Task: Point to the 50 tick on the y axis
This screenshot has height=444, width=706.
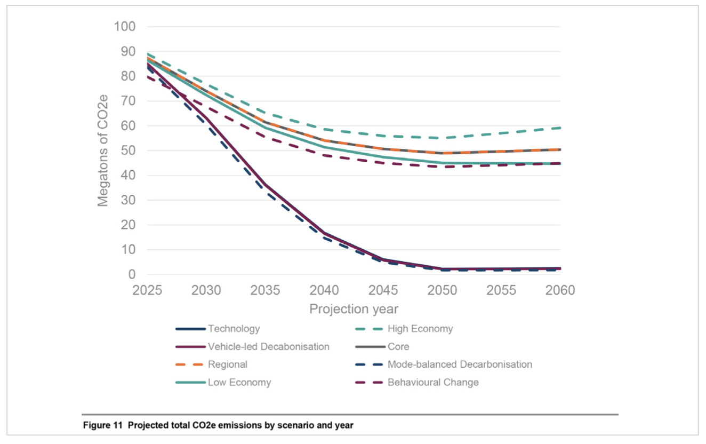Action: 128,150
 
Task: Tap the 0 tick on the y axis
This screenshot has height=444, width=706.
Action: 131,274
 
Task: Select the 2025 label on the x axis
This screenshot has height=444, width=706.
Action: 147,290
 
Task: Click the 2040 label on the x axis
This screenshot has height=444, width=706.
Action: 324,290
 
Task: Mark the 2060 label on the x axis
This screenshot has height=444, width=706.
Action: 560,290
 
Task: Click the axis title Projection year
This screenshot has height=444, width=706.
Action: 354,309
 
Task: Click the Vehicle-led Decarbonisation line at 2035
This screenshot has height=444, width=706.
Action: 265,185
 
